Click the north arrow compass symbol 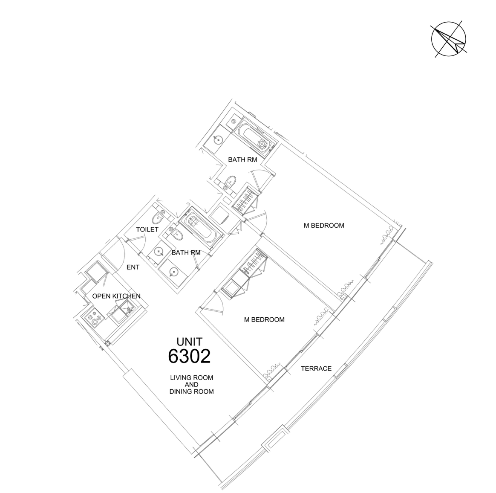point(449,39)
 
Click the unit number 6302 point(189,356)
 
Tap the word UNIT point(190,342)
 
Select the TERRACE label point(316,368)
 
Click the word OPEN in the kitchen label point(101,296)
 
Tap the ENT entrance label point(133,267)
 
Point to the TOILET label point(147,229)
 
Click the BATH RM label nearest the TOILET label point(186,252)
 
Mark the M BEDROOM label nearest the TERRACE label point(264,320)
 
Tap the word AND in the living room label point(192,385)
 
